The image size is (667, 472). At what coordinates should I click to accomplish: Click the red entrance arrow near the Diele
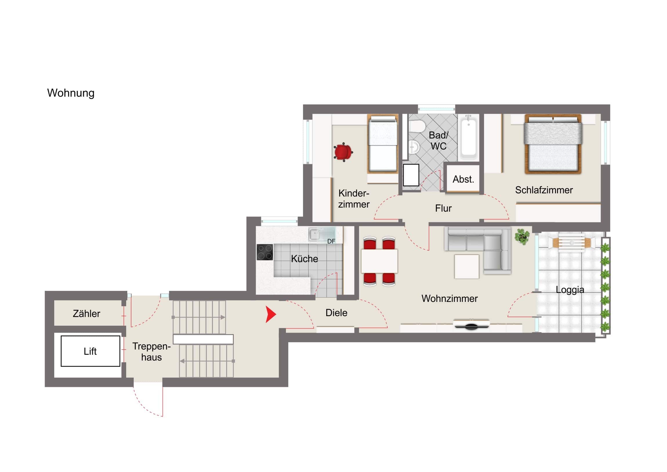pyautogui.click(x=271, y=314)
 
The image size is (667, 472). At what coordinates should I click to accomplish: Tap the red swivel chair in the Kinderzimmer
pyautogui.click(x=343, y=152)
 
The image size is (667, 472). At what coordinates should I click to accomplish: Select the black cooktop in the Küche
pyautogui.click(x=265, y=252)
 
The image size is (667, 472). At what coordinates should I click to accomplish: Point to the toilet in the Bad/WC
pyautogui.click(x=418, y=127)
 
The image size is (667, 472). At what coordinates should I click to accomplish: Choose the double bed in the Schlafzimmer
pyautogui.click(x=553, y=144)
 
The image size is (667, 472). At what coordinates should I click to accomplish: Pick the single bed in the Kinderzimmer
pyautogui.click(x=383, y=144)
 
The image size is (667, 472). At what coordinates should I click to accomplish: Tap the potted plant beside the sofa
pyautogui.click(x=522, y=237)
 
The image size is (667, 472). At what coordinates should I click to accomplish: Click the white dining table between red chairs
pyautogui.click(x=379, y=261)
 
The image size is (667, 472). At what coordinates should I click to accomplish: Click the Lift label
pyautogui.click(x=90, y=351)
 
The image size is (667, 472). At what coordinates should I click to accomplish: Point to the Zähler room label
pyautogui.click(x=86, y=314)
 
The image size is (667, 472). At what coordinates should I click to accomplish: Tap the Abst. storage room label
pyautogui.click(x=463, y=179)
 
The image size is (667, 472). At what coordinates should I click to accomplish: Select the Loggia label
pyautogui.click(x=570, y=290)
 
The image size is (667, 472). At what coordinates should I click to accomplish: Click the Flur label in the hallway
pyautogui.click(x=443, y=208)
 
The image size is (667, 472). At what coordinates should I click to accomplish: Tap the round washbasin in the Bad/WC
pyautogui.click(x=414, y=147)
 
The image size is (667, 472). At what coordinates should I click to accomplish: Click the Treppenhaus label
pyautogui.click(x=151, y=352)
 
